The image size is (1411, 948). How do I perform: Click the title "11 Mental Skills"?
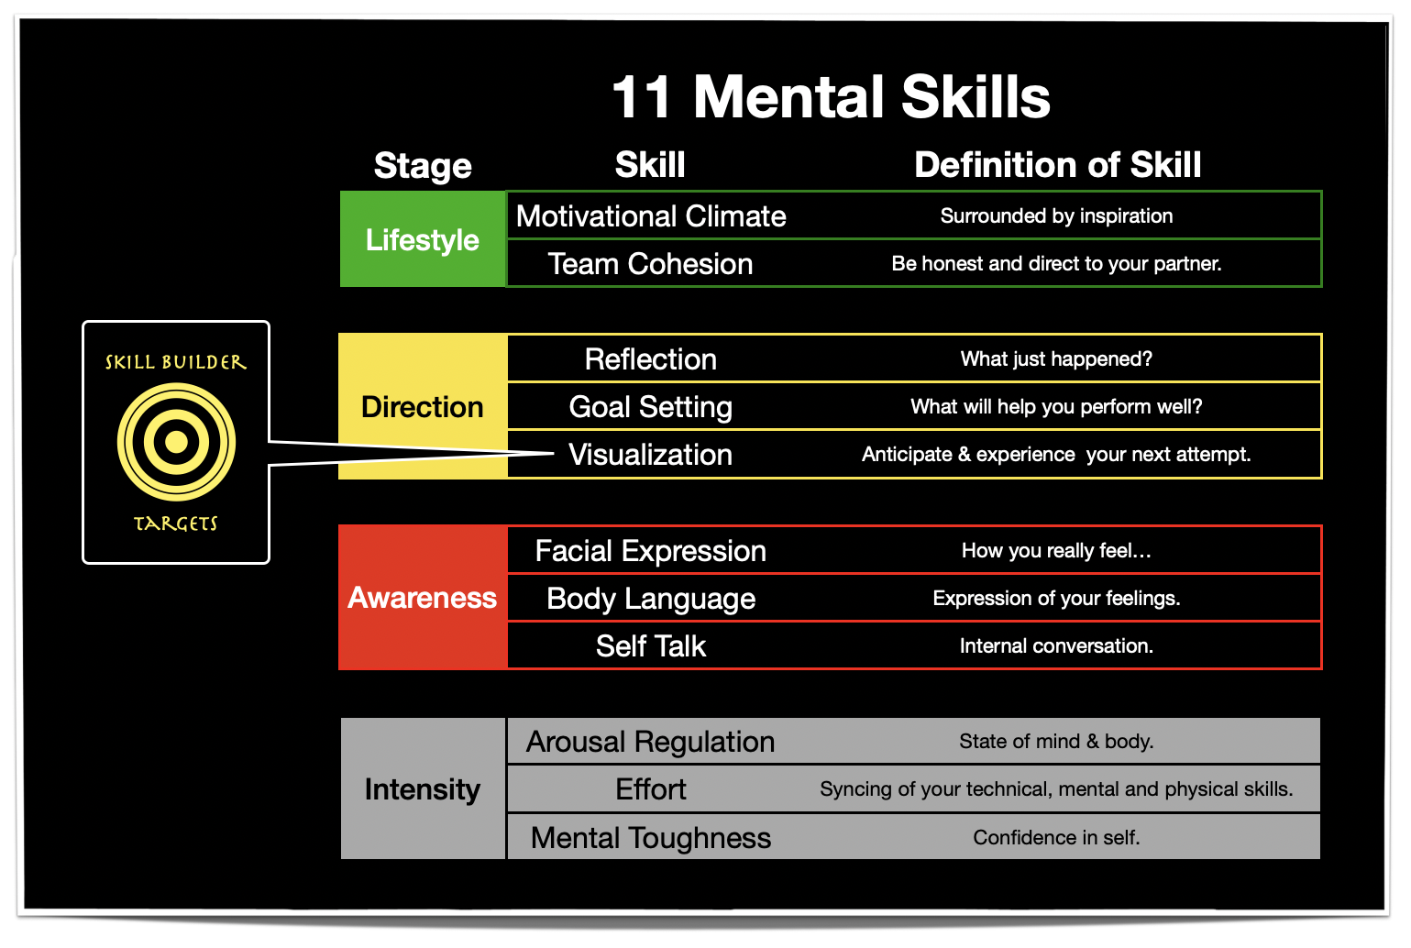coord(831,97)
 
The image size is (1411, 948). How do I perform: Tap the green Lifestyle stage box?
coord(423,239)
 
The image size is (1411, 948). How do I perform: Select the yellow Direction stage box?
coord(423,406)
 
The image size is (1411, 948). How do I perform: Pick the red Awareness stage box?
coord(423,598)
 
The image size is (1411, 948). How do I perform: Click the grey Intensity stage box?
coord(423,788)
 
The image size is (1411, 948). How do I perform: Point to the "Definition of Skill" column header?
coord(1057,165)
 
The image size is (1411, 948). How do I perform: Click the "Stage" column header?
coord(423,166)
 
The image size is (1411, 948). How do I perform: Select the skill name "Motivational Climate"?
coord(651,216)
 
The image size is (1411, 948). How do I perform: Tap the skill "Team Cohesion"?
coord(650,264)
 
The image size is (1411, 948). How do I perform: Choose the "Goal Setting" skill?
coord(650,406)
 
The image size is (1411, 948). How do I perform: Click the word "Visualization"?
coord(650,455)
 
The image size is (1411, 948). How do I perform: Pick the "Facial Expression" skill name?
coord(650,551)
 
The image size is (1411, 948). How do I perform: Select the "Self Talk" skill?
coord(650,646)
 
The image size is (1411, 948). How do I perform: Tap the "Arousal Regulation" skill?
coord(650,742)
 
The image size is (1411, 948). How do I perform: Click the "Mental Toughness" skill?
coord(650,838)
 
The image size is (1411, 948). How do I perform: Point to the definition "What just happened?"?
coord(1056,359)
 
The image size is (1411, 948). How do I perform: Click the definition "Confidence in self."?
coord(1056,838)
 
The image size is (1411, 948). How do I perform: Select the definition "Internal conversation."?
coord(1056,646)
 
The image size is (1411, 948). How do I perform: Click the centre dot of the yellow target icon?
coord(176,443)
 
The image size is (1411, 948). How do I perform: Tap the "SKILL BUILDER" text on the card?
coord(176,362)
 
